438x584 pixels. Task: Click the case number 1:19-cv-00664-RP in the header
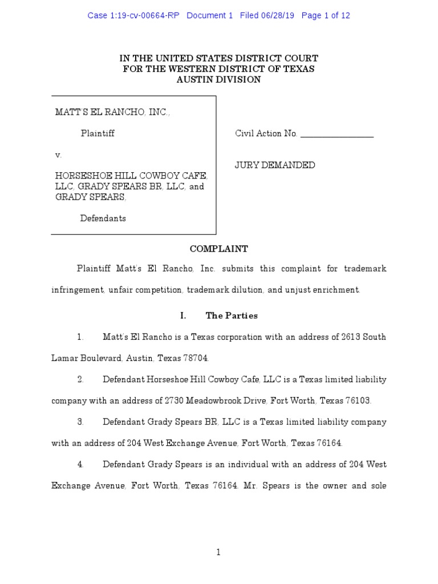point(133,16)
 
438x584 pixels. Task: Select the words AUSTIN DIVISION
point(218,80)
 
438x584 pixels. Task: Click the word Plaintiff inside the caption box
point(98,133)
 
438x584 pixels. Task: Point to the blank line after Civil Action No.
point(336,134)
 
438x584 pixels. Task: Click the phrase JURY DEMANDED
point(275,165)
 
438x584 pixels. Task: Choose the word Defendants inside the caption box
point(103,218)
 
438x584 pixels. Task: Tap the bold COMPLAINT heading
point(218,249)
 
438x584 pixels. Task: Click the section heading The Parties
point(232,315)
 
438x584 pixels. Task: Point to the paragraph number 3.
point(80,423)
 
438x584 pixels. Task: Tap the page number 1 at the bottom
point(218,552)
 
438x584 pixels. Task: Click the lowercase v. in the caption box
point(58,155)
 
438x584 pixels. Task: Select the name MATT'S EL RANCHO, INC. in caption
point(112,112)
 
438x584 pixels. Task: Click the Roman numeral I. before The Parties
point(183,315)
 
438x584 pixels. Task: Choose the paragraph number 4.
point(80,465)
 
